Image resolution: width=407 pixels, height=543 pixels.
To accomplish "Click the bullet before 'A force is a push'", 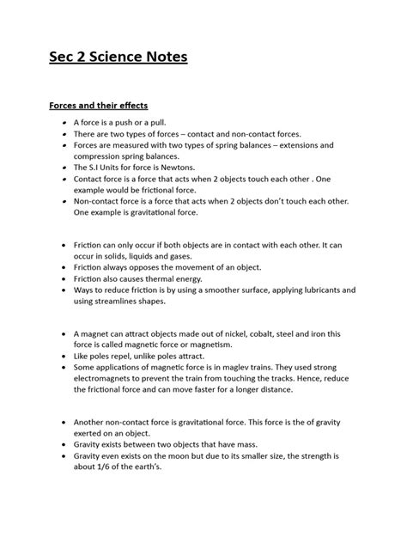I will coord(66,125).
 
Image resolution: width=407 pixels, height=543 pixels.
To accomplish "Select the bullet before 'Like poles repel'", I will coord(66,355).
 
